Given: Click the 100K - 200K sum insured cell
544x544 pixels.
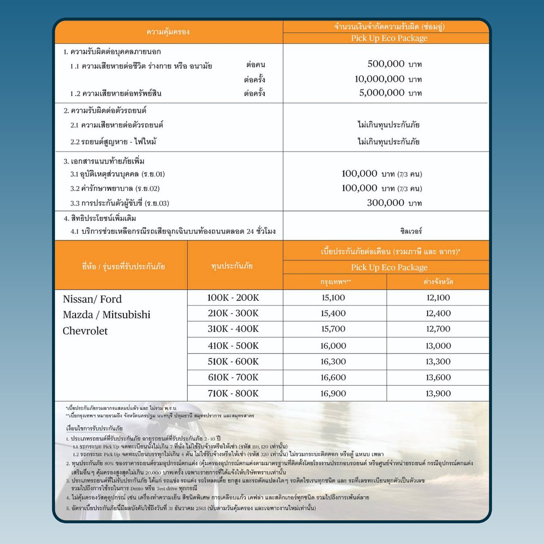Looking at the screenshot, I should click(x=233, y=298).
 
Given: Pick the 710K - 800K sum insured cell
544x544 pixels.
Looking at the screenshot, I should click(x=233, y=393).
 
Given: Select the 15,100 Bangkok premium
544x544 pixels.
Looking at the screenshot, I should click(x=333, y=298).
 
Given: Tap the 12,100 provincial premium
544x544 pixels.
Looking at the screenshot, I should click(x=438, y=298).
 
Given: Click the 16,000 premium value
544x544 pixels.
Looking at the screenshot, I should click(x=333, y=346).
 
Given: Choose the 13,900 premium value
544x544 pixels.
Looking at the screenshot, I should click(x=438, y=393).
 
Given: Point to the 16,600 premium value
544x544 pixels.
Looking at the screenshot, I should click(x=333, y=378).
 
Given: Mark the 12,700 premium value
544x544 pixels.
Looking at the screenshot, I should click(x=438, y=329).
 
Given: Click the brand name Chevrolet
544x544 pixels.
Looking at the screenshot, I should click(x=85, y=331).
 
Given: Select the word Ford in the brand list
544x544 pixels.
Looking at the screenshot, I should click(x=111, y=299).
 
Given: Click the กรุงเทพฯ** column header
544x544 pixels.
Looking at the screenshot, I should click(x=335, y=282).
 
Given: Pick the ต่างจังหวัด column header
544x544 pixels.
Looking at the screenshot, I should click(x=438, y=282).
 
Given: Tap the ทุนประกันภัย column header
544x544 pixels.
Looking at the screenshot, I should click(x=232, y=266).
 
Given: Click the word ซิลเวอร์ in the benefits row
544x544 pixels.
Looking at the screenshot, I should click(x=411, y=231).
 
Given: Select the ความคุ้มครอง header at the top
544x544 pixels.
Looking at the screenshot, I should click(x=168, y=32).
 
